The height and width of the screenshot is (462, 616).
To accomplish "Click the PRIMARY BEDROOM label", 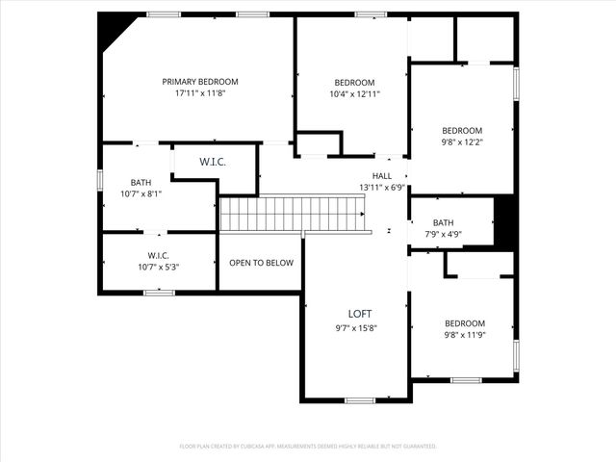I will (x=199, y=82).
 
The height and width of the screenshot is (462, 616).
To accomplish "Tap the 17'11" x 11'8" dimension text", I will (x=199, y=94).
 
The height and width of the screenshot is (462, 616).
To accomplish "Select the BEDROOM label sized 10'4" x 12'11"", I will (x=354, y=83).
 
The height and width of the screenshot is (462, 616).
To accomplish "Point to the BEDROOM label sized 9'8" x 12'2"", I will (x=462, y=131).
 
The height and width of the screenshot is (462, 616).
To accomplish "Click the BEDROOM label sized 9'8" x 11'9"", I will (x=464, y=323).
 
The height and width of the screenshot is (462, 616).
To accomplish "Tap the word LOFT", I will (x=360, y=315).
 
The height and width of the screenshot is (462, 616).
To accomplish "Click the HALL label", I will (x=382, y=176).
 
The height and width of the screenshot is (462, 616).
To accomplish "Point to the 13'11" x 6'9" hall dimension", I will (x=382, y=188).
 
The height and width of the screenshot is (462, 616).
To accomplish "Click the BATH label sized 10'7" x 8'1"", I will (x=141, y=182).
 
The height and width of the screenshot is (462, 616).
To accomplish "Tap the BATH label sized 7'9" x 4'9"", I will (x=443, y=222).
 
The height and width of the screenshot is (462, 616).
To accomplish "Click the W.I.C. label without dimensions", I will (x=213, y=162).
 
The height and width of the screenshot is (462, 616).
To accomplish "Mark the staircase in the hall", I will (x=295, y=214).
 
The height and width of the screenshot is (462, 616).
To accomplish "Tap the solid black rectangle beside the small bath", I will (x=505, y=222).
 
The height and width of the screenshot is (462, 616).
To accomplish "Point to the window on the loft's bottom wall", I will (x=360, y=400).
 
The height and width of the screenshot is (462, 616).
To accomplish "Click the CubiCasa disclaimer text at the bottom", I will (x=308, y=447).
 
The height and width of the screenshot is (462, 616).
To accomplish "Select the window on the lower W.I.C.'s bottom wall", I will (x=159, y=293).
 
